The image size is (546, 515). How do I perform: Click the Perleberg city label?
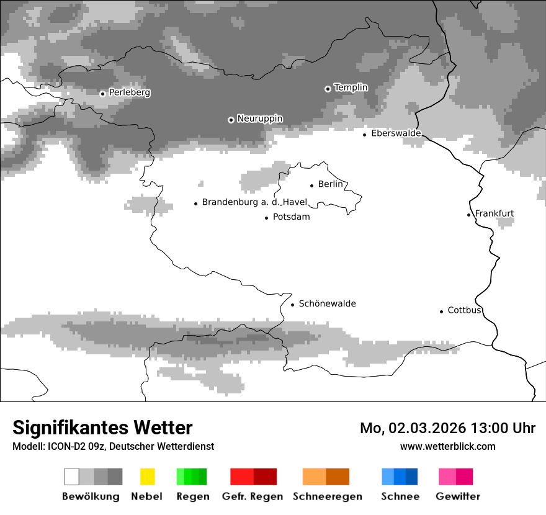coord(129,92)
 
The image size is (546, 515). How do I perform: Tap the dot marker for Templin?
coord(328,89)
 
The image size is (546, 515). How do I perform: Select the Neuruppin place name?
coord(259,119)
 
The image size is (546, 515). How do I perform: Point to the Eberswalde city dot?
coord(365,135)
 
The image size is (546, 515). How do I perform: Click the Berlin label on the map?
coord(330,184)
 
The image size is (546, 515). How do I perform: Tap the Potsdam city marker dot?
coord(267,218)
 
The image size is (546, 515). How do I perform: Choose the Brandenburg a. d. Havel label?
coord(254,202)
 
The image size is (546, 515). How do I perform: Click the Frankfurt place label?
coord(495,213)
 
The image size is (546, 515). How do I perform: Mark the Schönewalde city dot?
coord(292,305)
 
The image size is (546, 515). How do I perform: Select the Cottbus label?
coord(464,310)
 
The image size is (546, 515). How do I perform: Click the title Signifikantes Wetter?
coord(102,428)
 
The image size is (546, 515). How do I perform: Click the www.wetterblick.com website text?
coord(447,446)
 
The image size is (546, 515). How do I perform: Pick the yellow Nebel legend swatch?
coord(147,477)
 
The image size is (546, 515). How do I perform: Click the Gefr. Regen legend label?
coord(253,496)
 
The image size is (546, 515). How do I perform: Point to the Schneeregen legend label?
coord(327,496)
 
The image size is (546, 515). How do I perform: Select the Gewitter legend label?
coord(457,496)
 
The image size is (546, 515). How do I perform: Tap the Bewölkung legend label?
coord(91,496)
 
